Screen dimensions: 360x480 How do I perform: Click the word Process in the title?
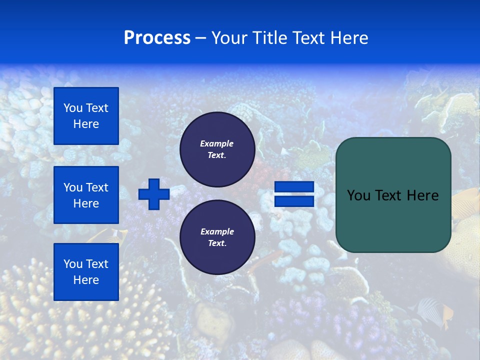point(157,38)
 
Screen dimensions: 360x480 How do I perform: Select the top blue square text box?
point(86,116)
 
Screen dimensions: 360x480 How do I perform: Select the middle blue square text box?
point(86,195)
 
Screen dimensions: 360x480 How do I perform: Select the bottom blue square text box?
point(86,272)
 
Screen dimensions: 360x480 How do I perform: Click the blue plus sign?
point(154,194)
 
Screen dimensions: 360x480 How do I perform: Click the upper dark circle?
point(217,149)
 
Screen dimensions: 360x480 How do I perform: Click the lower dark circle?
point(217,237)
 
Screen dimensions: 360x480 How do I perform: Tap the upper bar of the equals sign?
point(294,187)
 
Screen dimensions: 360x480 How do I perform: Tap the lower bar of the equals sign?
point(294,201)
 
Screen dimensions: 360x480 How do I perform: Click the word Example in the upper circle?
point(216,143)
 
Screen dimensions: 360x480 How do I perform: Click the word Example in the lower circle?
point(217,231)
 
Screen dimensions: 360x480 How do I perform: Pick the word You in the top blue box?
point(72,108)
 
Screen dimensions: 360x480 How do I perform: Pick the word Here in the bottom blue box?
point(86,280)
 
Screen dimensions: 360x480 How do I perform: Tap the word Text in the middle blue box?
point(97,187)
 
